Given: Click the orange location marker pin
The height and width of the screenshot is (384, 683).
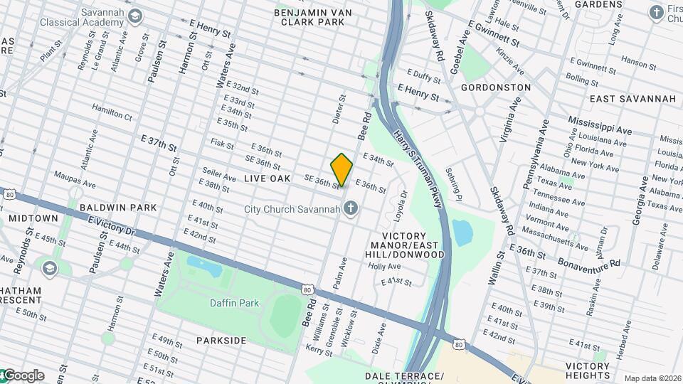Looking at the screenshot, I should coord(341,169).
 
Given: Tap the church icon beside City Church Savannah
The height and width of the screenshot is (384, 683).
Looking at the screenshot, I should coord(349,208).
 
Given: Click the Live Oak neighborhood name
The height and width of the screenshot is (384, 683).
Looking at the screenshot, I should coord(267,178).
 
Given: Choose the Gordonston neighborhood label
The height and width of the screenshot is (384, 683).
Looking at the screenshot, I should coord(496,87).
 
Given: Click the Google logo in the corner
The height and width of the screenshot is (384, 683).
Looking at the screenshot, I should coord(23,375).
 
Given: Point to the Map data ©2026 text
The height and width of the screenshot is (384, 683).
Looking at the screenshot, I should coord(652,378).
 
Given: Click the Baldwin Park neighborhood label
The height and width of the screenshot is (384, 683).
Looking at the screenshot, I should coord(117,207).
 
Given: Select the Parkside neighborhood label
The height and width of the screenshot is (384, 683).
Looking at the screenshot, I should coord(221,341).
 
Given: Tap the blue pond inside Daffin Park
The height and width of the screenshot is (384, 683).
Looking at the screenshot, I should coord(205,266).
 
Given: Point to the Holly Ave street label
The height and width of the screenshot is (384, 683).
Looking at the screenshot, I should coord(385,266).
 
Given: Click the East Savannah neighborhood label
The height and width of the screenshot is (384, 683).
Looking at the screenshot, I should coord(632,99).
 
